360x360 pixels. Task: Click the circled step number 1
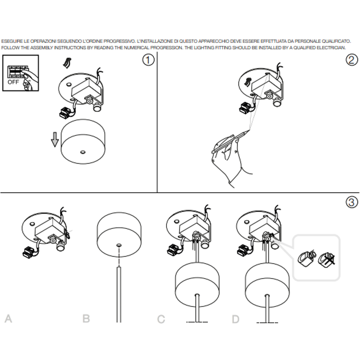pos(148,60)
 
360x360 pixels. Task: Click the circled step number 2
pos(352,60)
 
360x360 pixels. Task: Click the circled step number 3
pos(352,202)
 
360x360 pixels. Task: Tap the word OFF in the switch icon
pos(13,82)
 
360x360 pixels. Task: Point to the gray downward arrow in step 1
pos(55,139)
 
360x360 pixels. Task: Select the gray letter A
pos(8,318)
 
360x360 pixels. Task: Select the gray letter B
pos(86,318)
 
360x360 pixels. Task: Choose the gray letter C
pos(161,319)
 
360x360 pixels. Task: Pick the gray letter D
pos(236,319)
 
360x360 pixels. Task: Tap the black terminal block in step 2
pos(245,108)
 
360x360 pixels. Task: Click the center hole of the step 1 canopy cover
pos(83,152)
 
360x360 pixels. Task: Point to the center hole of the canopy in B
pos(119,245)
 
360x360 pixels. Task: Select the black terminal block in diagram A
pos(29,251)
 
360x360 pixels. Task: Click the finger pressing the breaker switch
pos(30,75)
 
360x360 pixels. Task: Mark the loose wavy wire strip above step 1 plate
pos(67,63)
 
